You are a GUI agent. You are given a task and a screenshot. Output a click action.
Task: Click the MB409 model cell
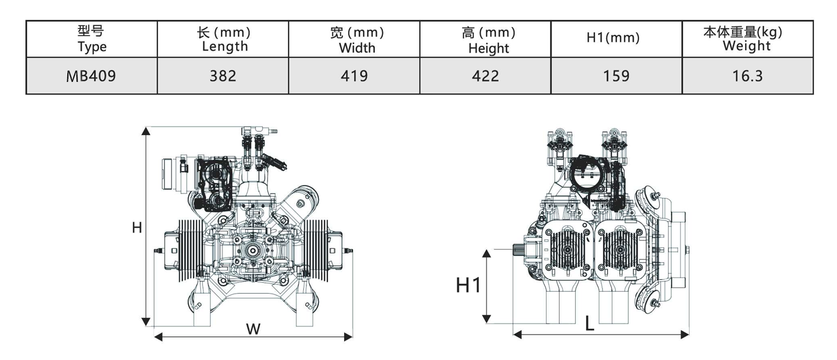[91, 76]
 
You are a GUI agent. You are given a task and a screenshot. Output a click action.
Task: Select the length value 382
[222, 76]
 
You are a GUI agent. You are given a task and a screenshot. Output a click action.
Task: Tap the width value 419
[354, 76]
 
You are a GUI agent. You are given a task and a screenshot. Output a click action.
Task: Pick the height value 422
[485, 76]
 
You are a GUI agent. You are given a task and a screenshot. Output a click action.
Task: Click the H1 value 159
[616, 76]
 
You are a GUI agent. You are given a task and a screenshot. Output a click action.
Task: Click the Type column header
[92, 39]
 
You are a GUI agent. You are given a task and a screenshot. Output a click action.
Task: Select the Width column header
[357, 39]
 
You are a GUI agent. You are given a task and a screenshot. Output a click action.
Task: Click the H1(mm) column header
[613, 38]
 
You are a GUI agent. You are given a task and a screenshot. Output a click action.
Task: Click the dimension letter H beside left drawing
[137, 228]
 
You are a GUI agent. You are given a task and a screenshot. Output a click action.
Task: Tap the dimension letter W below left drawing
[253, 329]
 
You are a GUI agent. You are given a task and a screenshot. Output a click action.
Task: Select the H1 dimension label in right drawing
[468, 285]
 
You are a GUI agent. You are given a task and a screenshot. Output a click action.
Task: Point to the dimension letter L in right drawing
[590, 324]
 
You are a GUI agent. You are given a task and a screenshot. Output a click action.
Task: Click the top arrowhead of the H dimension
[145, 130]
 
